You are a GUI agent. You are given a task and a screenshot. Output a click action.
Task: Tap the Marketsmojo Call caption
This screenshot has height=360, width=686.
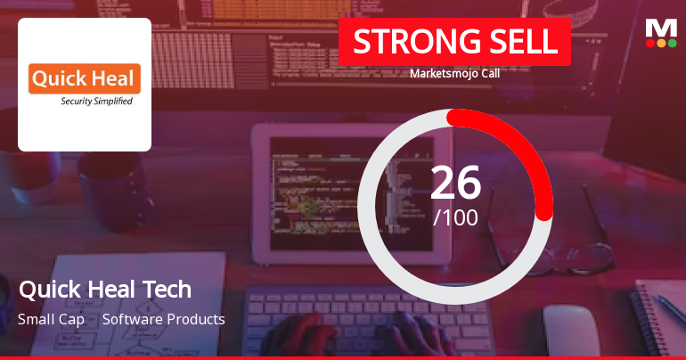pos(454,74)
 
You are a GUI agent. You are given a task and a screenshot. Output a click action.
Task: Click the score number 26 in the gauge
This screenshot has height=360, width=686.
pos(455,182)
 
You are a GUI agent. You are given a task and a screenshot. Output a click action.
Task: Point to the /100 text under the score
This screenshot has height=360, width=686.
pos(455,217)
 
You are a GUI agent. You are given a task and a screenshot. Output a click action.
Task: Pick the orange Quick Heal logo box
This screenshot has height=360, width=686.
pos(85,78)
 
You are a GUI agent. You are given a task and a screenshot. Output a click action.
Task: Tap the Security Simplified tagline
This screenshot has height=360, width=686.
pos(96,102)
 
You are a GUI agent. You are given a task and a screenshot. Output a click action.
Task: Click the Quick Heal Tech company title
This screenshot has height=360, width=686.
pos(104,290)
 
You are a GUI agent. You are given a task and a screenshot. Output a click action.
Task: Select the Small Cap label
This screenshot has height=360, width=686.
pos(51,319)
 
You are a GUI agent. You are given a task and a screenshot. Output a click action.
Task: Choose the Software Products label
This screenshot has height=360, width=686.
pos(163,319)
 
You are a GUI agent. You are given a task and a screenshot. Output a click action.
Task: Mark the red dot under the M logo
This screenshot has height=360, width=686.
pos(650,43)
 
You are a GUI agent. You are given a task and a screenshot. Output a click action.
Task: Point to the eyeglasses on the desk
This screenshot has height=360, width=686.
pos(588,250)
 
